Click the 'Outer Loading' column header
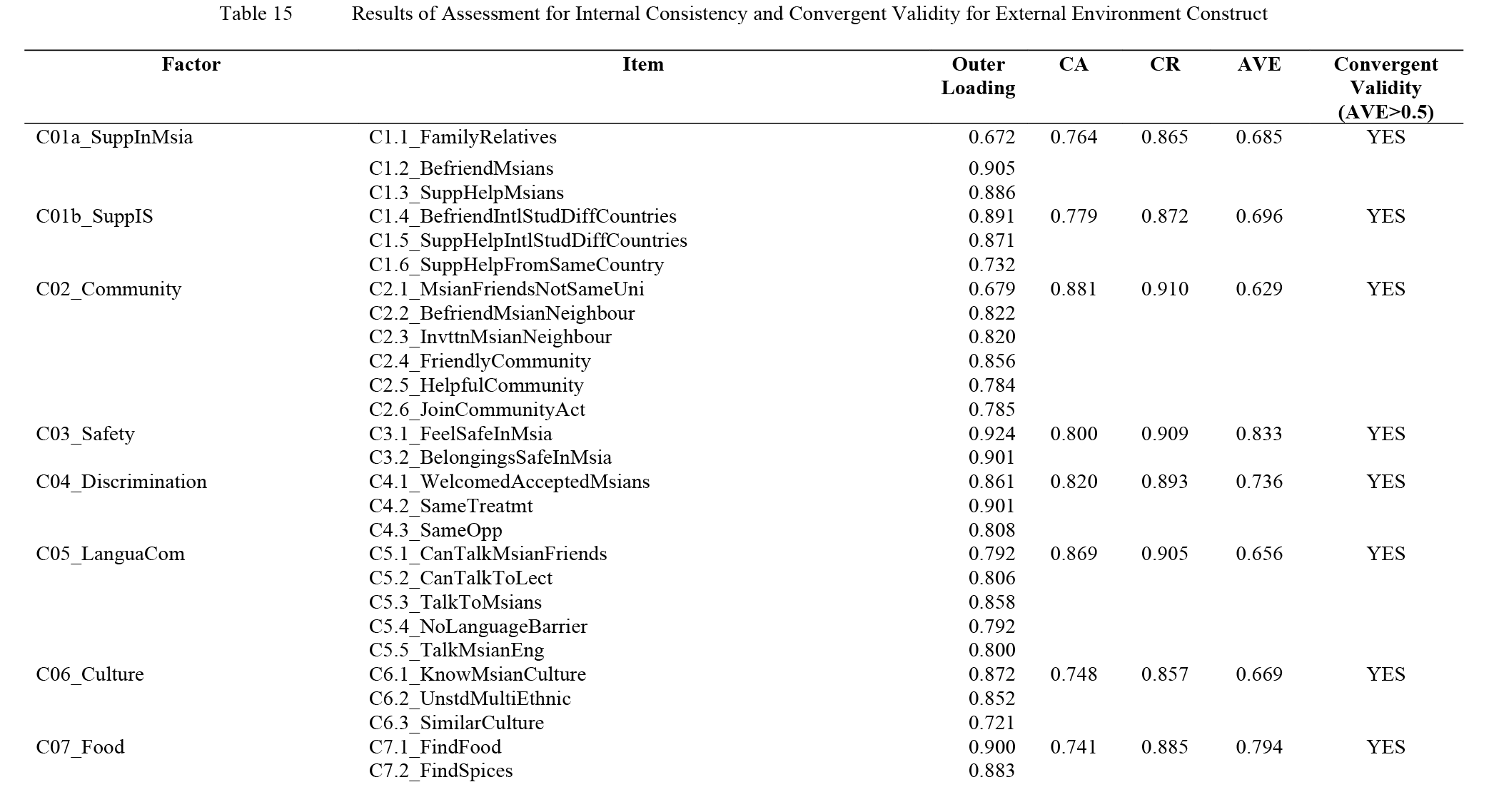click(x=978, y=76)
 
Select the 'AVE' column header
click(x=1259, y=64)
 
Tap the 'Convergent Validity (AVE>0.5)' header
click(x=1385, y=88)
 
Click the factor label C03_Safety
click(x=86, y=434)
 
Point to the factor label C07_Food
click(x=81, y=747)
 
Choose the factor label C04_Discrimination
click(x=121, y=482)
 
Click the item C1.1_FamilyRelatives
click(x=463, y=137)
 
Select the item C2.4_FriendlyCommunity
click(x=480, y=361)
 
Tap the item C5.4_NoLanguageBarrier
click(x=478, y=626)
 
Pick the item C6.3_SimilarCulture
click(x=456, y=723)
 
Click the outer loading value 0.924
click(x=991, y=434)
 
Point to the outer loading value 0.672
click(x=991, y=137)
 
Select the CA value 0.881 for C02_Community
click(x=1074, y=289)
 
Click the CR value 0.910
click(x=1165, y=289)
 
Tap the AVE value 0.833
click(x=1259, y=434)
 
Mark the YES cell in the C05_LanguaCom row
click(x=1385, y=554)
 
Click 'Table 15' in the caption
click(x=256, y=14)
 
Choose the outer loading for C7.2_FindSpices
click(x=991, y=771)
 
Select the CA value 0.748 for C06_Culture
click(x=1074, y=674)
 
